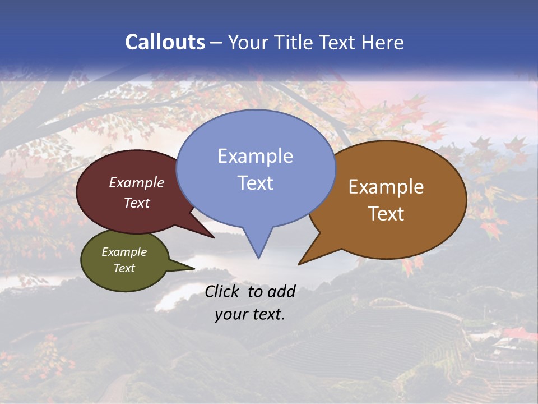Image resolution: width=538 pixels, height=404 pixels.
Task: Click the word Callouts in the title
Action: (165, 42)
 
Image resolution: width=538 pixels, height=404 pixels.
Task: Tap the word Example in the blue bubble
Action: (255, 155)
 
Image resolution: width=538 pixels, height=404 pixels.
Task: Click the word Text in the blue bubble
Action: (255, 182)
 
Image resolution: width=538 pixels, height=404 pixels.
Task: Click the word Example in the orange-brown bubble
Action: (386, 187)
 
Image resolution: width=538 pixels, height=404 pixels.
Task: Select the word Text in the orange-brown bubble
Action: (386, 213)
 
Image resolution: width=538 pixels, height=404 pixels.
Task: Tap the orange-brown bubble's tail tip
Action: (299, 264)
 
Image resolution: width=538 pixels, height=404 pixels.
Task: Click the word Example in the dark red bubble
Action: (137, 182)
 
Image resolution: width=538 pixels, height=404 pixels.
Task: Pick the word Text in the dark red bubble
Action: (137, 203)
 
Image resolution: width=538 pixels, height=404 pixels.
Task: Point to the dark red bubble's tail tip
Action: (214, 237)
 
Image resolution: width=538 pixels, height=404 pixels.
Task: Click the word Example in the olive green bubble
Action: (124, 252)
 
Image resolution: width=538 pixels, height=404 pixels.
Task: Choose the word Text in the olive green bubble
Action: (124, 268)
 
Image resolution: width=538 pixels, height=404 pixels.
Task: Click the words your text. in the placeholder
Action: (250, 314)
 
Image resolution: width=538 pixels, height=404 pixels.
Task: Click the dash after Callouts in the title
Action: (217, 42)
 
